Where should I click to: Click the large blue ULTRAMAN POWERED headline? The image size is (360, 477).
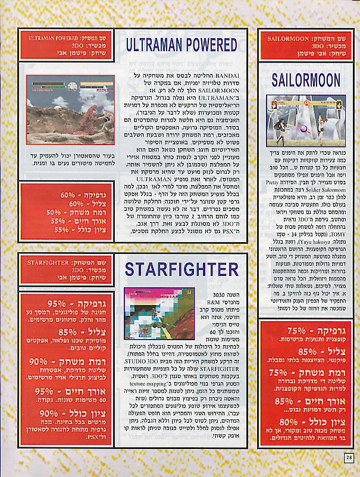[x=181, y=45]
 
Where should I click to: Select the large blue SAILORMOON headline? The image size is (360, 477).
[x=306, y=79]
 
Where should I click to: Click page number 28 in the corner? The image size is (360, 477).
[x=349, y=457]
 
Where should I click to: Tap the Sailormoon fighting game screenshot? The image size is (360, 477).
[x=306, y=121]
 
